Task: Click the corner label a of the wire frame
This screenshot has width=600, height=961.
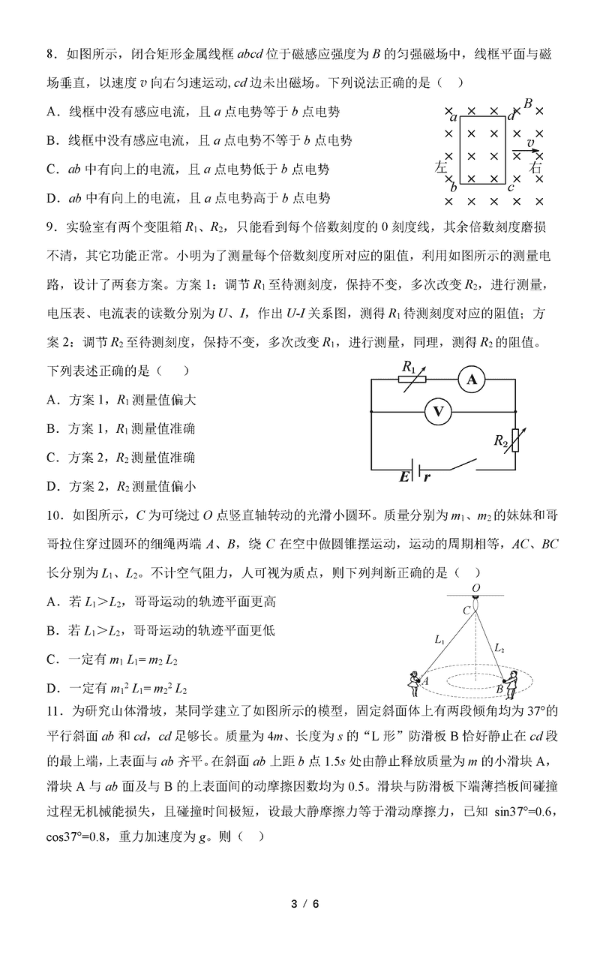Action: [454, 117]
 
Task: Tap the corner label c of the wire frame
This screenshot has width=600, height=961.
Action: [511, 188]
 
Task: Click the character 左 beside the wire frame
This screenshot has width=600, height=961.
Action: [442, 167]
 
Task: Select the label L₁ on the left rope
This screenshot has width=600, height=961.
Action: [439, 640]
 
